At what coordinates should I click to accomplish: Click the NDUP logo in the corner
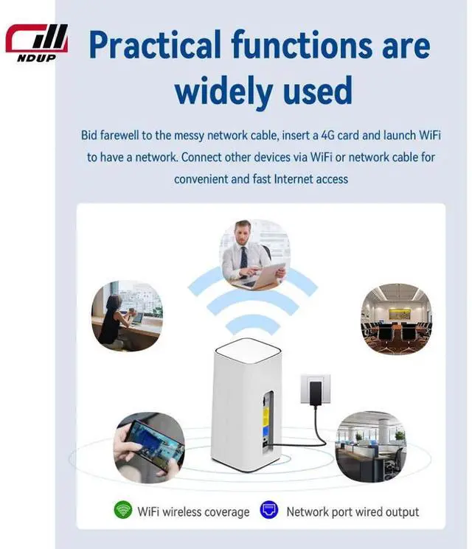pyautogui.click(x=36, y=43)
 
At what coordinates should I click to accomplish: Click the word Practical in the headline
pyautogui.click(x=155, y=44)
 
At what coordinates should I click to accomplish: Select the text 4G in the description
pyautogui.click(x=327, y=135)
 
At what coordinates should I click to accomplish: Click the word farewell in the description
pyautogui.click(x=119, y=135)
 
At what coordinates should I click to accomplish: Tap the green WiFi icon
pyautogui.click(x=123, y=510)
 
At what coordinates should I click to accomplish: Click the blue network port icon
pyautogui.click(x=269, y=510)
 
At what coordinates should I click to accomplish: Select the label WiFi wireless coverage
pyautogui.click(x=193, y=512)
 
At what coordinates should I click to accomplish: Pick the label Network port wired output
pyautogui.click(x=353, y=512)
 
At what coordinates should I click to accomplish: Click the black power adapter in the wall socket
pyautogui.click(x=316, y=394)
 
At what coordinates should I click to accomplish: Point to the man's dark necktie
pyautogui.click(x=243, y=262)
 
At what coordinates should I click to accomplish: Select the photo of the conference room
pyautogui.click(x=396, y=318)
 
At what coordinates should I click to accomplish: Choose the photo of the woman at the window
pyautogui.click(x=127, y=315)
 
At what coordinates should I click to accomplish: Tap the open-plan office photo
pyautogui.click(x=371, y=447)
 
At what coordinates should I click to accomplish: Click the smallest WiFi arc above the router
pyautogui.click(x=253, y=323)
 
